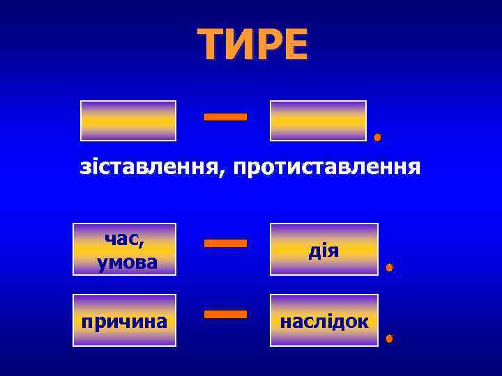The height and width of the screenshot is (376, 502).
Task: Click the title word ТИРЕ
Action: (252, 45)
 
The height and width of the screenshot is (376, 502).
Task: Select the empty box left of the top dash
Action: (128, 121)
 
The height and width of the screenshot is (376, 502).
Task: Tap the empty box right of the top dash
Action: (318, 121)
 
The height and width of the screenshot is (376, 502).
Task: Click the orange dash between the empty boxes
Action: (225, 117)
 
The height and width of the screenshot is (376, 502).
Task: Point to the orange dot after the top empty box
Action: (377, 137)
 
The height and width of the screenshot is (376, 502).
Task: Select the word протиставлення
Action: (327, 168)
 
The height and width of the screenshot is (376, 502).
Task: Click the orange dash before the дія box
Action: (225, 244)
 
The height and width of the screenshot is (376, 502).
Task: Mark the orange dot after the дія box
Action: (389, 267)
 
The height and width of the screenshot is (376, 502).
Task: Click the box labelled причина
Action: (125, 321)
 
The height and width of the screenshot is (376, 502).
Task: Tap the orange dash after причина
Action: (225, 315)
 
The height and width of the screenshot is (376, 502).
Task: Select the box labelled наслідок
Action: (324, 321)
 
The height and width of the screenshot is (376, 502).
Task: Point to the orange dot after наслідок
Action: (389, 339)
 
